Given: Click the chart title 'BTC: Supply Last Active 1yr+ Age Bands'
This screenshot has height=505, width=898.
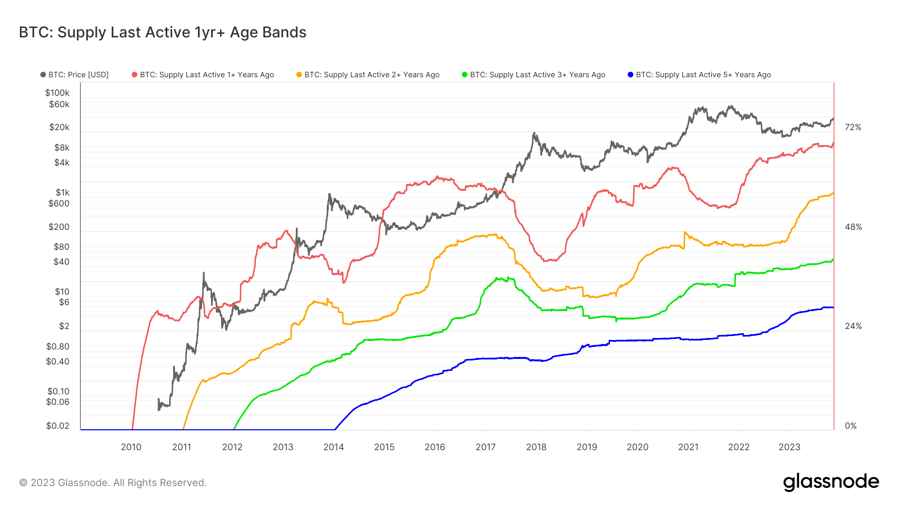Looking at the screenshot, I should (x=163, y=32).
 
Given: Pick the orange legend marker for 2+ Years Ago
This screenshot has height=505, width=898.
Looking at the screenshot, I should (x=299, y=75).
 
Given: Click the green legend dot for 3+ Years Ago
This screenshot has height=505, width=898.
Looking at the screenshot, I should (x=464, y=75).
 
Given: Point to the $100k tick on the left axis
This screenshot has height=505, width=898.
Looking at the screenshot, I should (x=57, y=93).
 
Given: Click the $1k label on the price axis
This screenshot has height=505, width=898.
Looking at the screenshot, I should (x=62, y=192).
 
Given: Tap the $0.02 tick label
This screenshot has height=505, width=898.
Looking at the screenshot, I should (x=58, y=426).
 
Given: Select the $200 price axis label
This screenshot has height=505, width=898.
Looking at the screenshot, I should (x=59, y=227).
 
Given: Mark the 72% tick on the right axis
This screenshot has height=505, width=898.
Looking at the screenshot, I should (x=853, y=128).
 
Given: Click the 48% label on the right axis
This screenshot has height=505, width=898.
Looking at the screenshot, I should (x=853, y=227).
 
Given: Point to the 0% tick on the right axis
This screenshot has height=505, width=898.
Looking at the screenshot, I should (x=851, y=426).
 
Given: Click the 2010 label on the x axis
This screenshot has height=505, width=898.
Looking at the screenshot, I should (x=131, y=447).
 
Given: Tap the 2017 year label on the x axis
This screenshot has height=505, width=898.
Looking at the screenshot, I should (x=485, y=447).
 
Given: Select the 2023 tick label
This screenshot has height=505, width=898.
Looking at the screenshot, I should (x=789, y=447).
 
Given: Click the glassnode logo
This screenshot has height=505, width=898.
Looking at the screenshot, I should (x=831, y=482).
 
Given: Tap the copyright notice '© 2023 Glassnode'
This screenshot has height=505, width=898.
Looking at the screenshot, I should (x=113, y=483).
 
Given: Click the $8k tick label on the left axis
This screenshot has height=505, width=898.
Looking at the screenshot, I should (x=62, y=148).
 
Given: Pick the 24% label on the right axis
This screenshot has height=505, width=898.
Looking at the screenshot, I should (x=853, y=327).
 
